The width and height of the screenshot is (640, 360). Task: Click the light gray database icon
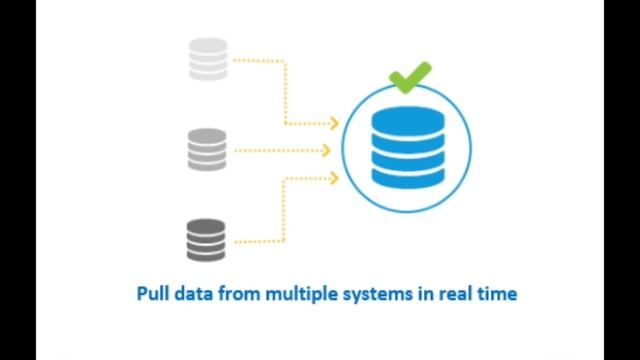point(208,59)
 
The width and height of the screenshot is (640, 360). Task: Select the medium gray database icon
point(208,150)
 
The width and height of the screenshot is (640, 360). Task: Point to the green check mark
point(411,76)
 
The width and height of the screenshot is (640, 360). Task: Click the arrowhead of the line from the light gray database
point(334,124)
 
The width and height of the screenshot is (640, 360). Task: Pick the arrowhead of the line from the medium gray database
point(326,151)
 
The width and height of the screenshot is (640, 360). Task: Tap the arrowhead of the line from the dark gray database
point(334,177)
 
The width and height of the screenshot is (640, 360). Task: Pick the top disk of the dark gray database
point(208,226)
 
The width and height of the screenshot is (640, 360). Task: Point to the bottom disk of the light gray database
point(208,73)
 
